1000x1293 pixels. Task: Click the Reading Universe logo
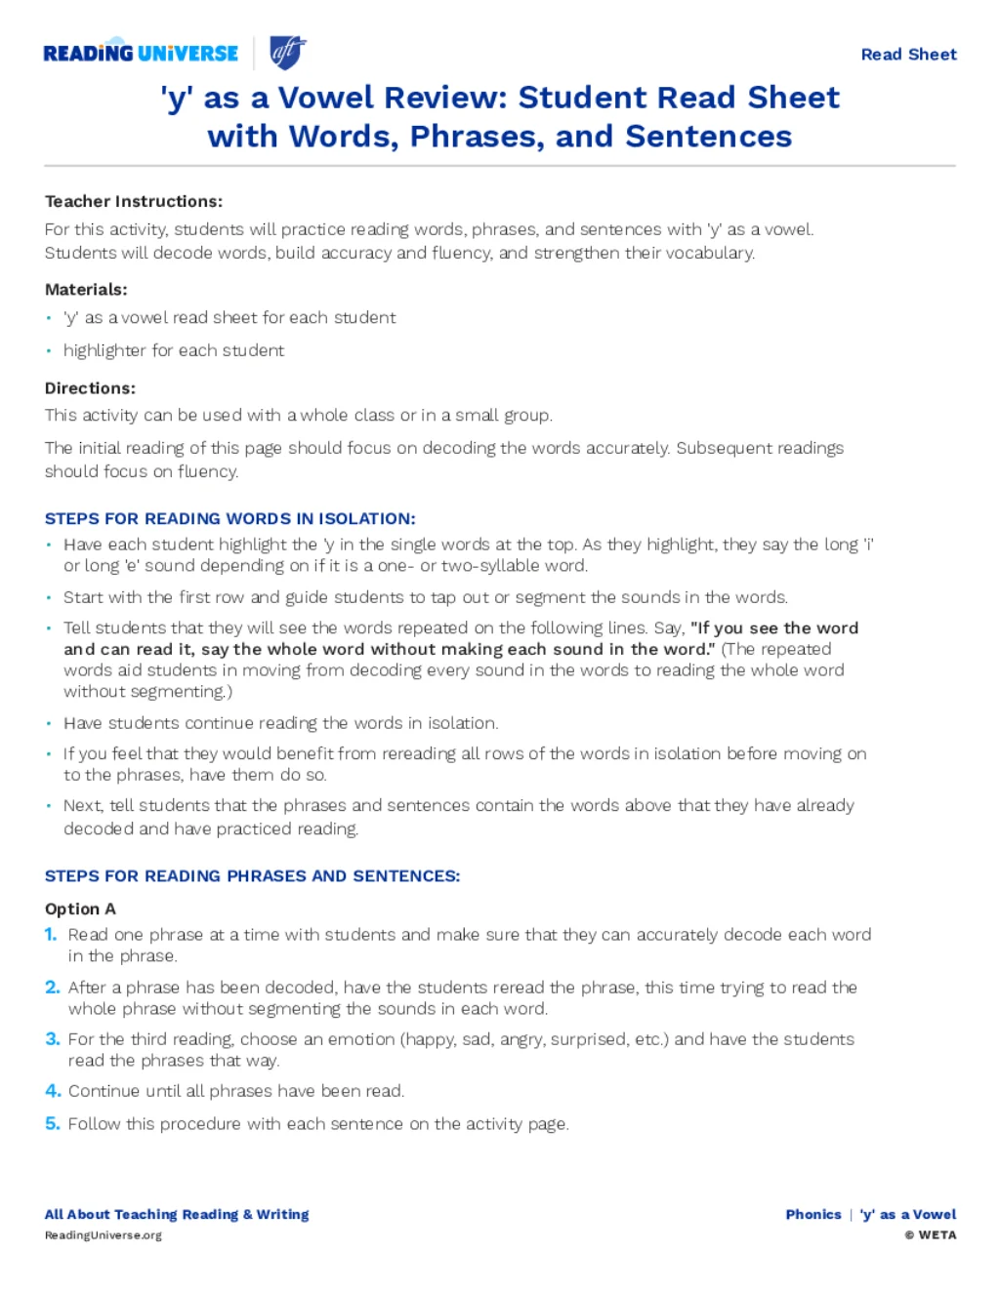[141, 53]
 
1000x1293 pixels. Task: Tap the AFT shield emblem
[287, 52]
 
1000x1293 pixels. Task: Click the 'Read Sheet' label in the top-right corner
[908, 55]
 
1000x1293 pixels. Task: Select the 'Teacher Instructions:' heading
[134, 201]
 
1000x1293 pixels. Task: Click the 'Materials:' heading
[86, 289]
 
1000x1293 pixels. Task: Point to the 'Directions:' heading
[90, 387]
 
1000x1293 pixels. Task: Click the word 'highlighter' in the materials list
[105, 350]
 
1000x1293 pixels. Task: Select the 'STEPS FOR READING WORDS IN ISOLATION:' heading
[230, 518]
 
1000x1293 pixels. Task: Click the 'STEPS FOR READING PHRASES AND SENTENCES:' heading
[252, 875]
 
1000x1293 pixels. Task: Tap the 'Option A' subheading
[80, 909]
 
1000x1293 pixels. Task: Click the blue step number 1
[51, 934]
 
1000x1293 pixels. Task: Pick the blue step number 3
[53, 1038]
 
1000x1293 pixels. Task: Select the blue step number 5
[53, 1123]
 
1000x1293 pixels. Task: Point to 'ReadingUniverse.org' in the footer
[104, 1235]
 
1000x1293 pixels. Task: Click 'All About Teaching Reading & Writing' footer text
[177, 1214]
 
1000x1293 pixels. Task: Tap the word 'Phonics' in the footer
[813, 1214]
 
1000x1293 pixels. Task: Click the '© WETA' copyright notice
[931, 1234]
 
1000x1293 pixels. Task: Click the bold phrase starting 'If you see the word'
[774, 627]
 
